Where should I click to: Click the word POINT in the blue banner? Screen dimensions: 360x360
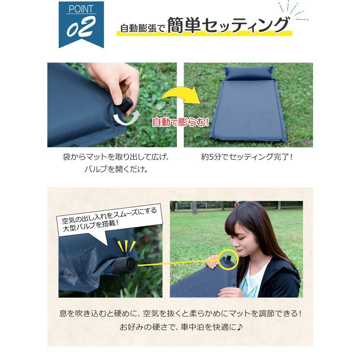tap(81, 10)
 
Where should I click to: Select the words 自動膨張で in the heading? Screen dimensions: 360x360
tap(142, 28)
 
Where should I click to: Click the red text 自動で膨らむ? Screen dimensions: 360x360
tap(180, 122)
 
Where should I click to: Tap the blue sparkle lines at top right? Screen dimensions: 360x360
tap(294, 11)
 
